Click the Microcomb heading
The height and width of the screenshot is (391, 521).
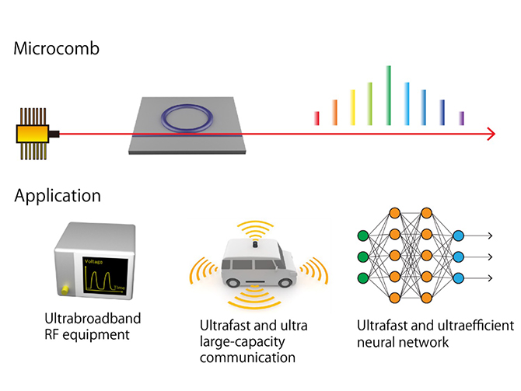point(57,48)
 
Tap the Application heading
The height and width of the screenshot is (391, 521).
point(58,196)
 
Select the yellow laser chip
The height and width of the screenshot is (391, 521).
point(33,134)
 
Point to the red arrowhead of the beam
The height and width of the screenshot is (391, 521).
point(491,134)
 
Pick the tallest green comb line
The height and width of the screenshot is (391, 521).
point(389,96)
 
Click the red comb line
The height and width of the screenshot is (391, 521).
point(317,119)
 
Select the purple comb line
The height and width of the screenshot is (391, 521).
point(462,119)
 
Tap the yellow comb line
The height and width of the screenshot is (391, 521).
point(352,107)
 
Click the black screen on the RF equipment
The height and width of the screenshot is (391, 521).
point(105,276)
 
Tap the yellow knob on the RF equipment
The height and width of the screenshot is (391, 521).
point(65,290)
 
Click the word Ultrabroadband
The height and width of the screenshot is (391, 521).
point(93,318)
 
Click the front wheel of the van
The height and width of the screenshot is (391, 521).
point(233,283)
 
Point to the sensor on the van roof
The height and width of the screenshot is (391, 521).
point(255,245)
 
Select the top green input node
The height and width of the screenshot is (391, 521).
point(363,236)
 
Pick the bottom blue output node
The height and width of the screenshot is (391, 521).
point(458,278)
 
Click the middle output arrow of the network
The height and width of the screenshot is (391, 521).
point(477,257)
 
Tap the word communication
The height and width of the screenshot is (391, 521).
point(247,358)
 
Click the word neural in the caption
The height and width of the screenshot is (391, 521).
point(376,342)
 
